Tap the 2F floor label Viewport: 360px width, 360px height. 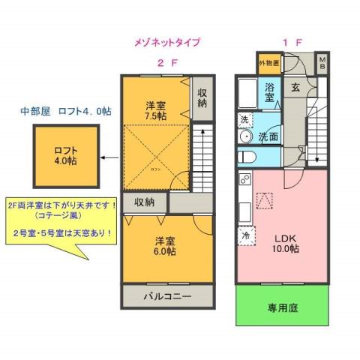pos(166,63)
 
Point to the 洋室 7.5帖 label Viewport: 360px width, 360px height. pos(156,110)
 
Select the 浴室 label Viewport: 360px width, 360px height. pos(270,92)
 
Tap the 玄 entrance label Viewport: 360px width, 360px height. pos(295,88)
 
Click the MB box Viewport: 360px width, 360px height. pos(321,62)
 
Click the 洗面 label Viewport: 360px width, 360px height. pos(268,137)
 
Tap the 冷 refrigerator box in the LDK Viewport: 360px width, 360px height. pos(244,235)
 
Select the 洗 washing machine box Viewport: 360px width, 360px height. pos(244,120)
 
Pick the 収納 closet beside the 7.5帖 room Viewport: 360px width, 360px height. pos(201,97)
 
